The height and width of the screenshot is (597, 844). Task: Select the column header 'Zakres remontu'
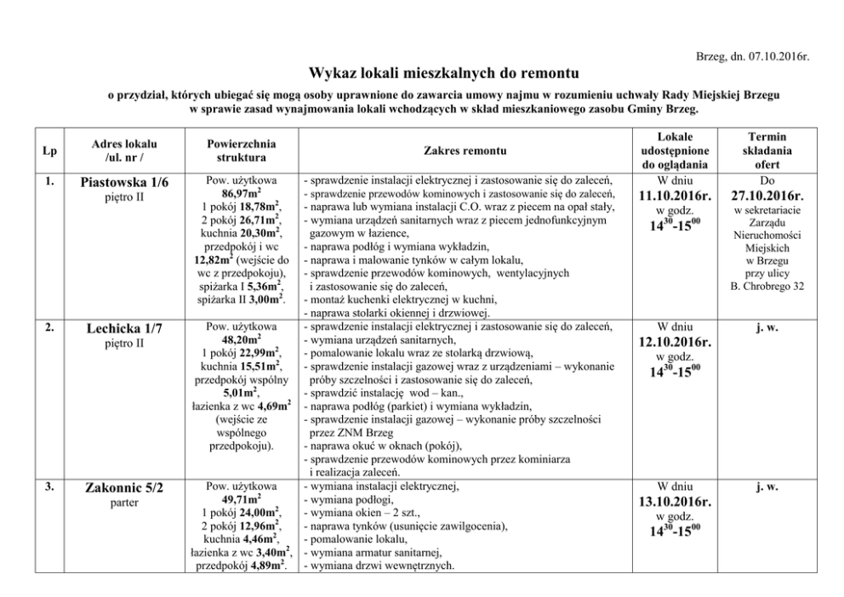[x=465, y=151]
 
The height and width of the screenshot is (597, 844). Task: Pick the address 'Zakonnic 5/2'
[x=124, y=488]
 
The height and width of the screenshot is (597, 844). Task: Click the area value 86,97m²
[x=242, y=196]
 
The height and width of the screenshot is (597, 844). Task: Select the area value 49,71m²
[x=242, y=500]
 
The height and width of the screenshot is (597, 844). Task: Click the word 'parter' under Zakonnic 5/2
[x=124, y=503]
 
